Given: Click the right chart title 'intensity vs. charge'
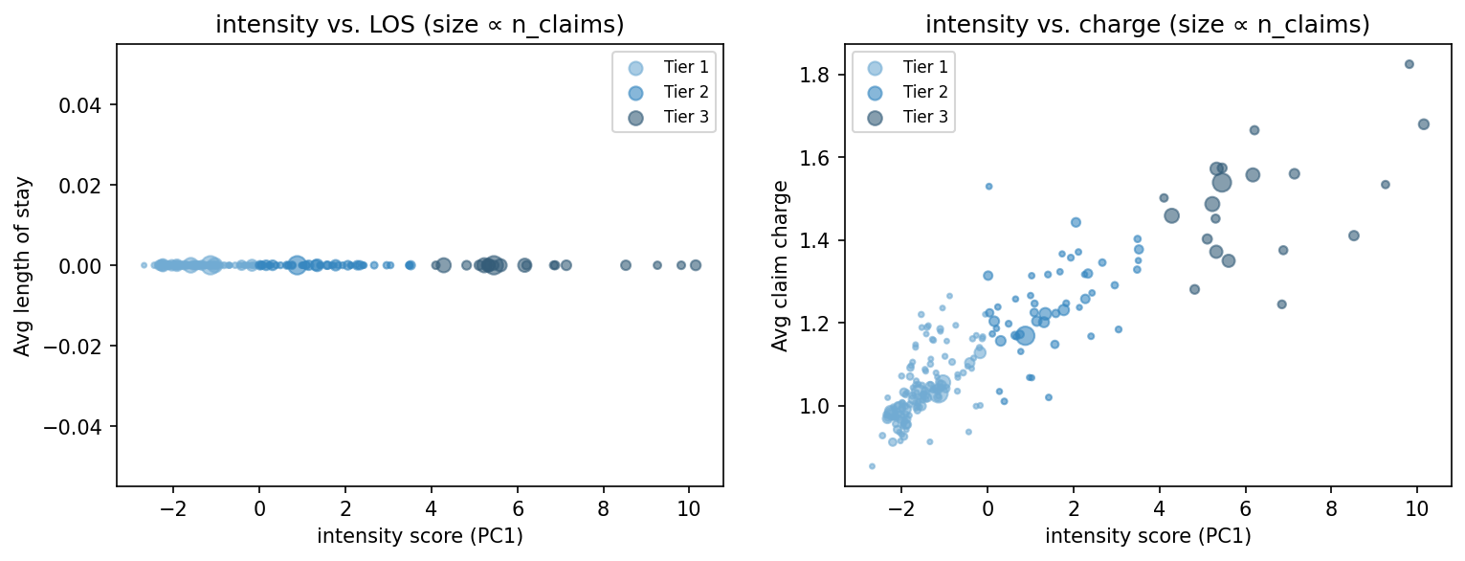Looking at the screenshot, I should coord(1147,26).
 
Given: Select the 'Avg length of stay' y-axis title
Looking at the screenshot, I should coord(22,265).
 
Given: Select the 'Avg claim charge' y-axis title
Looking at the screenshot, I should coord(781,265).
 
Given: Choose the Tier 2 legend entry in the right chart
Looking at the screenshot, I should coord(922,92).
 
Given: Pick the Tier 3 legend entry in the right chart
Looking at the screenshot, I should coord(922,117).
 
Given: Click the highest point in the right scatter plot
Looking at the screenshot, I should coord(1409,64).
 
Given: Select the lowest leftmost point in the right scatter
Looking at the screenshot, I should coord(872,466).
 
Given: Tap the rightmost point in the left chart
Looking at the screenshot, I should coord(696,265).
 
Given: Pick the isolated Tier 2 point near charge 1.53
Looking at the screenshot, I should coord(988,186).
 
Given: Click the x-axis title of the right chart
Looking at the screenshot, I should coord(1147,535).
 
